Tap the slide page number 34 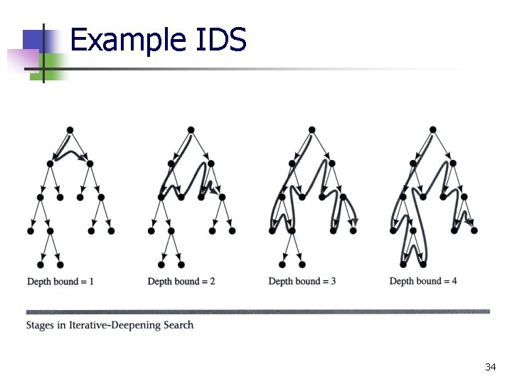click(x=490, y=367)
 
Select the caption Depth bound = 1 click(x=60, y=282)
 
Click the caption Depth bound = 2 click(x=181, y=282)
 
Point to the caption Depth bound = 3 click(x=302, y=282)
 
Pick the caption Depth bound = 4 click(x=423, y=281)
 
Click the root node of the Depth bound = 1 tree click(x=70, y=129)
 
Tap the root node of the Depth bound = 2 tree click(x=191, y=129)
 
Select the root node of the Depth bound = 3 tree click(x=311, y=129)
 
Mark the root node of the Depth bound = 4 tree click(x=432, y=129)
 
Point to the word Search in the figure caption click(x=176, y=325)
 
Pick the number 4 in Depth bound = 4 click(x=454, y=281)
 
